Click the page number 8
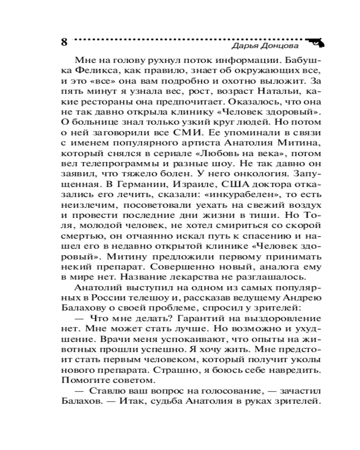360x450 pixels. pyautogui.click(x=63, y=42)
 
